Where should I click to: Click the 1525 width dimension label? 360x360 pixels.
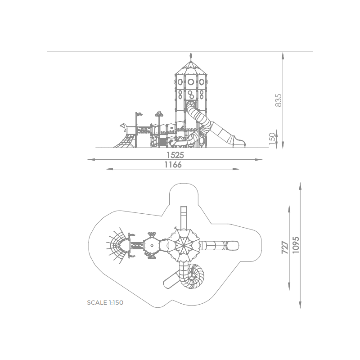[175, 155]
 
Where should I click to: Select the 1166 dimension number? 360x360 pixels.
[173, 165]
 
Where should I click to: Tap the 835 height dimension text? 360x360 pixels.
[278, 100]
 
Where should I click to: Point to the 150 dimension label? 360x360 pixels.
[272, 139]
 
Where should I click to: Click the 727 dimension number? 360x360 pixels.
[285, 247]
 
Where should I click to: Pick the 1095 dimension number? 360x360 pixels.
[296, 245]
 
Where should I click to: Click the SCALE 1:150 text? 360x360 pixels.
[105, 302]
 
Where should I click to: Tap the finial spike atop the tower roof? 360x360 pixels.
[190, 56]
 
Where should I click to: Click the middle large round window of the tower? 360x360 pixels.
[190, 82]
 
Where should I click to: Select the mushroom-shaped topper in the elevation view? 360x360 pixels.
[159, 113]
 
